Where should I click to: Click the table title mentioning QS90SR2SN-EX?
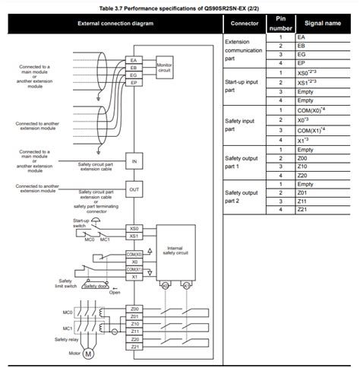point(180,7)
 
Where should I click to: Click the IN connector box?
point(134,161)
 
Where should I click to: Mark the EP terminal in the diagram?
point(134,83)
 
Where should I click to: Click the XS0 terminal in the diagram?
point(134,228)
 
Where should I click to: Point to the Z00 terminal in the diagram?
point(134,309)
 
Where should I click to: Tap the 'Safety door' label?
point(96,286)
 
